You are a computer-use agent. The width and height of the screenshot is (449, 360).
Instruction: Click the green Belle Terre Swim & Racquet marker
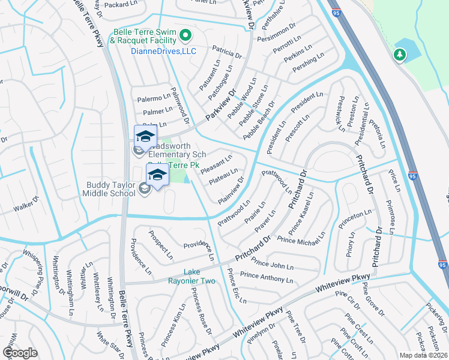pos(185,35)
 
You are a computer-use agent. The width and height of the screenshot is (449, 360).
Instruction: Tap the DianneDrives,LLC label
pos(155,52)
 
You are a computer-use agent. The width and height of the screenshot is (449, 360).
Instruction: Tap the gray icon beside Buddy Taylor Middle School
pos(144,189)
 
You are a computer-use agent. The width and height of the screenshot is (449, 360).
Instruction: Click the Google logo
pos(20,352)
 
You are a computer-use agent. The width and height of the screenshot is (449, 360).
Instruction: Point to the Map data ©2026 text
pos(423,355)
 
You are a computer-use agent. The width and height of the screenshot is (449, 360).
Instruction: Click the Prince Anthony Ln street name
pos(267,278)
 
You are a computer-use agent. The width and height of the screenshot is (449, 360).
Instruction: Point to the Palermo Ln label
pos(152,98)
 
